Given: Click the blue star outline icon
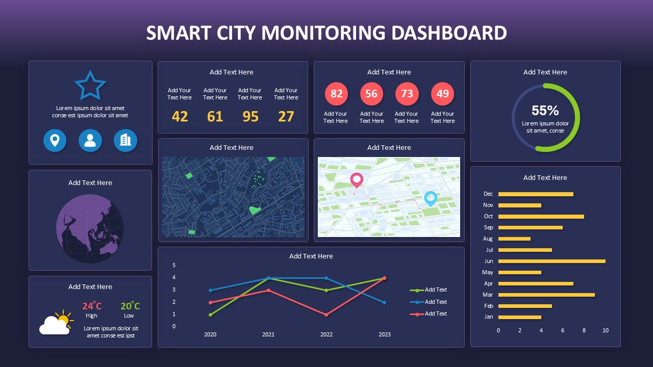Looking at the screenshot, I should pyautogui.click(x=90, y=86).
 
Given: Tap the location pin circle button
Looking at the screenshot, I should pyautogui.click(x=55, y=141).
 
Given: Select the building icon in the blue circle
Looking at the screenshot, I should pyautogui.click(x=125, y=141).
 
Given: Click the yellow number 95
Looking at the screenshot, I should pyautogui.click(x=250, y=117).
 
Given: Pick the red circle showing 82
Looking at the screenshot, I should pyautogui.click(x=337, y=94).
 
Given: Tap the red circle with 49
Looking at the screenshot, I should pyautogui.click(x=442, y=94).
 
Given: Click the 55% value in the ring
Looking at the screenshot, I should pyautogui.click(x=545, y=111).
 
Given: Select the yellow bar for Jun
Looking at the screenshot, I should pyautogui.click(x=551, y=261).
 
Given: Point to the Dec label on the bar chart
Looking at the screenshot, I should pyautogui.click(x=488, y=194).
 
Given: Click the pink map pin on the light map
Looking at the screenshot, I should pyautogui.click(x=356, y=180).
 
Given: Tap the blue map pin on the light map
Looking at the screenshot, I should pyautogui.click(x=431, y=198).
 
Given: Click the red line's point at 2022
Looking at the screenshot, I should pyautogui.click(x=326, y=314).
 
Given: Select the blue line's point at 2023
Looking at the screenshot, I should pyautogui.click(x=385, y=302).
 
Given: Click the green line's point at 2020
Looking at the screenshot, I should pyautogui.click(x=210, y=314).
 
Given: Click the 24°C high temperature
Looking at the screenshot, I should pyautogui.click(x=92, y=306).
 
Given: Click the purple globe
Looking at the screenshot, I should pyautogui.click(x=90, y=229).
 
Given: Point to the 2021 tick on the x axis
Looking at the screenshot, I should pyautogui.click(x=268, y=334).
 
